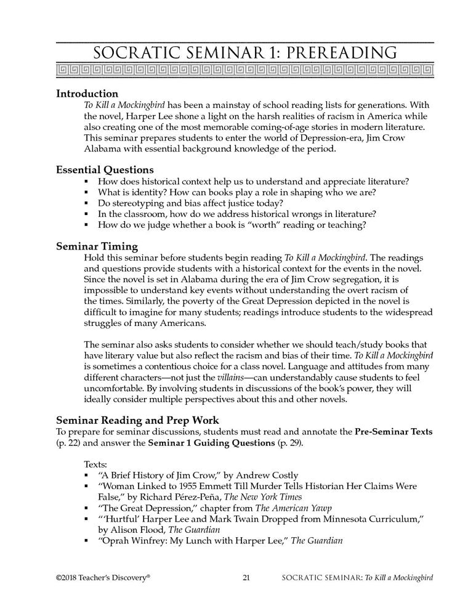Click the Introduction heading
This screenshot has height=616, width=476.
(x=87, y=94)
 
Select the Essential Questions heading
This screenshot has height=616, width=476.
(x=105, y=169)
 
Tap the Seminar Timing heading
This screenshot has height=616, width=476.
(x=97, y=246)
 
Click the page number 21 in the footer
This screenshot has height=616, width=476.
(x=246, y=578)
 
